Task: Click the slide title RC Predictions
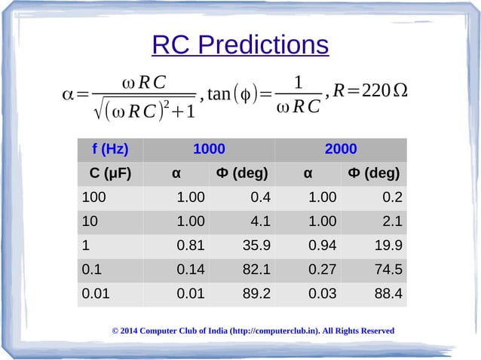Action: [240, 46]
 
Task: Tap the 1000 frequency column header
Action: [209, 149]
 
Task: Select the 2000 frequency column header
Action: [340, 149]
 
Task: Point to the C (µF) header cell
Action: [110, 173]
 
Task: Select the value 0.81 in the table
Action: [190, 246]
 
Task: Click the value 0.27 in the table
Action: [322, 270]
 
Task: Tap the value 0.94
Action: [322, 246]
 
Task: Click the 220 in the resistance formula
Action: [375, 91]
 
